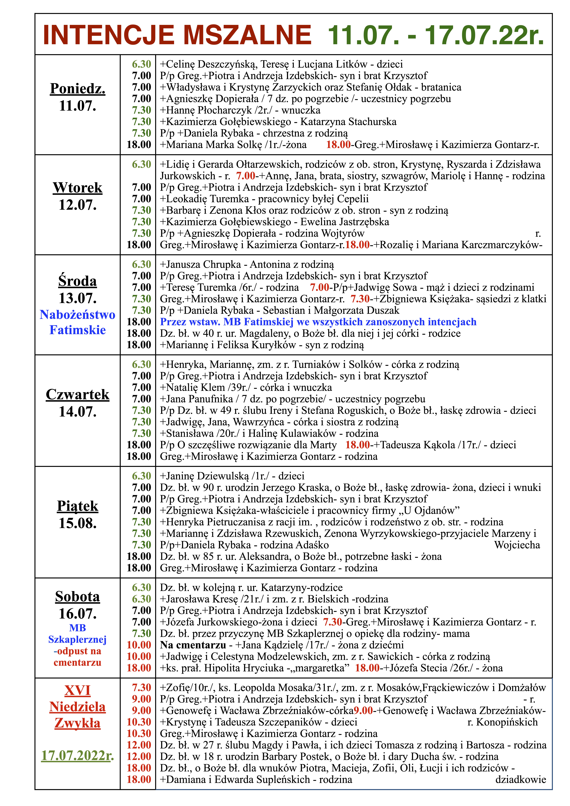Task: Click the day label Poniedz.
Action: (x=78, y=88)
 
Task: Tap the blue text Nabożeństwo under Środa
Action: (x=78, y=315)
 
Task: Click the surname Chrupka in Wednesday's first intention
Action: (x=222, y=264)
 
